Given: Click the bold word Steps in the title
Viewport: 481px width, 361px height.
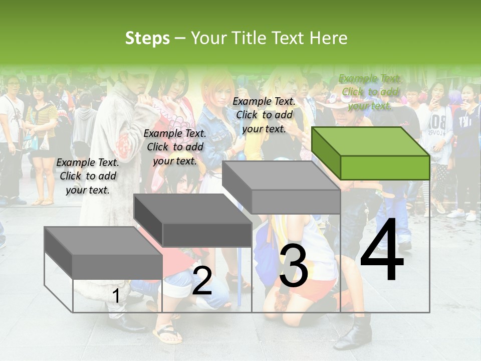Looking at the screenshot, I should coord(147,38).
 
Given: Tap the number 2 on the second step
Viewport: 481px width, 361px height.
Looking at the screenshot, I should coord(202,281).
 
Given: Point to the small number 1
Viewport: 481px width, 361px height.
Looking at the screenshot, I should coord(116,296).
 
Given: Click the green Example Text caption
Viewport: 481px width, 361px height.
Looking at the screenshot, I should coord(370,92).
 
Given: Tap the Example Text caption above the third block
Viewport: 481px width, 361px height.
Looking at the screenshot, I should coord(264,115).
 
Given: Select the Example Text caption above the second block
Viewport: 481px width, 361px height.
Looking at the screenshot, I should coord(175,147).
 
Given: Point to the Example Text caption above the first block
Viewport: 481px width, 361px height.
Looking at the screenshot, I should coord(88,176).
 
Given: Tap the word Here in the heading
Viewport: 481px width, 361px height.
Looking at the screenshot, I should coord(328,38).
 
